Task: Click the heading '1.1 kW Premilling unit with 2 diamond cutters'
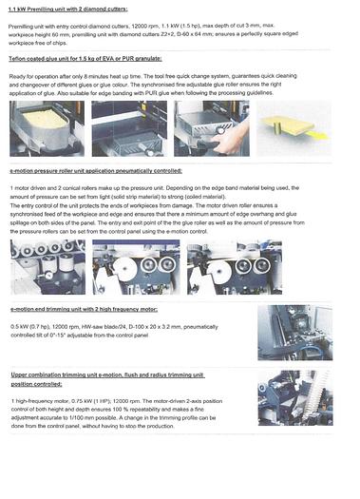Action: coord(66,9)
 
